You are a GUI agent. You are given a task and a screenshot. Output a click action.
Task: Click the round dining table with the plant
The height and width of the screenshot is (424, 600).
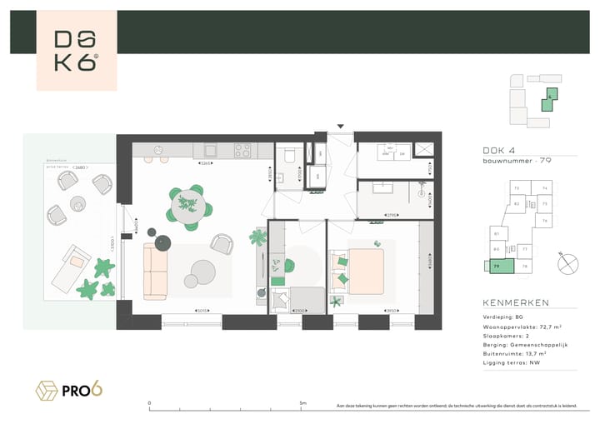[188, 203]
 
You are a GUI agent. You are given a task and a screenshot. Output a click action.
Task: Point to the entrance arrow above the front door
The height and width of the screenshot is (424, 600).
[340, 127]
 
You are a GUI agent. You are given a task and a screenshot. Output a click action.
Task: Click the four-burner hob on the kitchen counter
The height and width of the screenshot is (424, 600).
[242, 151]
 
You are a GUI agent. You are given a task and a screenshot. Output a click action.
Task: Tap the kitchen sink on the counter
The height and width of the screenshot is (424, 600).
[210, 151]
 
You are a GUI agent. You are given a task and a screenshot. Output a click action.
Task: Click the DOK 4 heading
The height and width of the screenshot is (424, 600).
[499, 150]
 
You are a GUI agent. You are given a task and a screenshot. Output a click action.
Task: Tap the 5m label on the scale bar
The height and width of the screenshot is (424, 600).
[302, 402]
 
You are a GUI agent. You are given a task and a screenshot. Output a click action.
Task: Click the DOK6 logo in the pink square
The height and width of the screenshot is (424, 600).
[76, 51]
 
